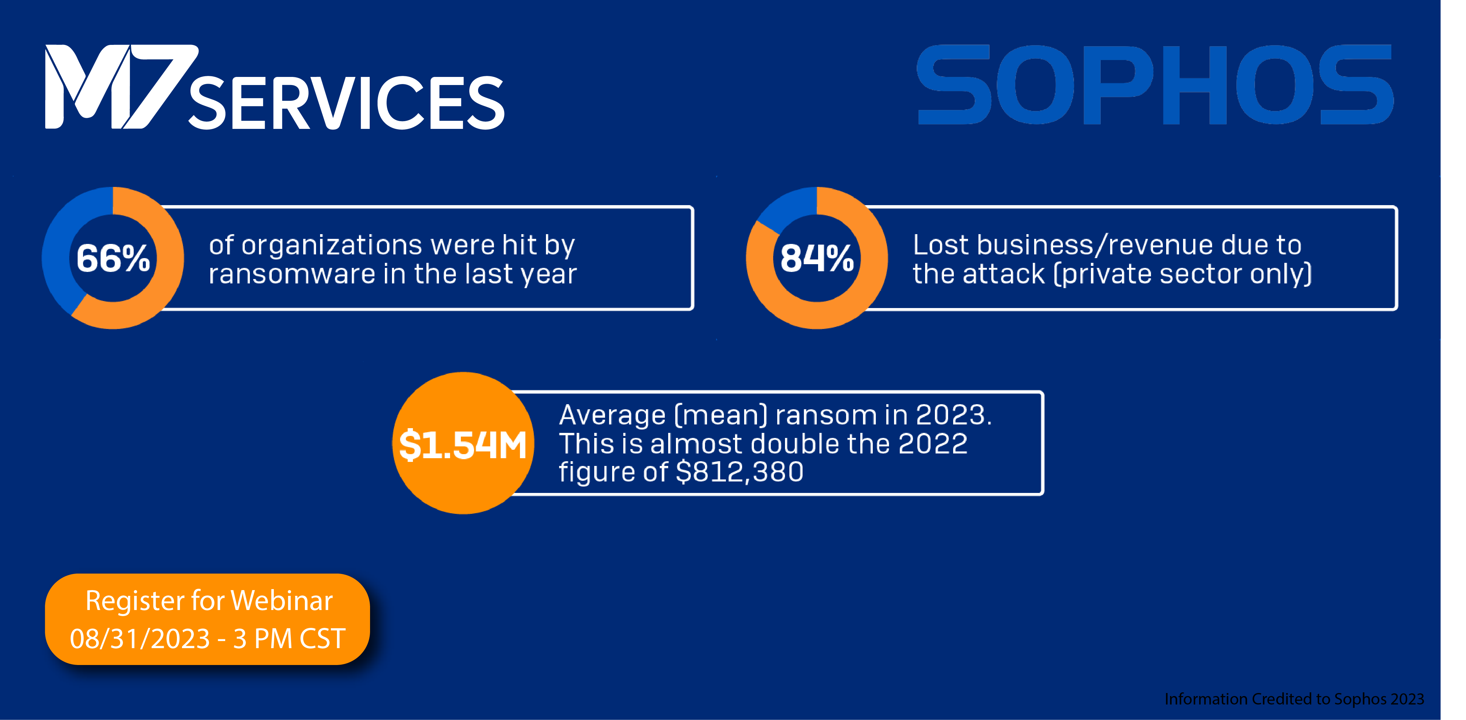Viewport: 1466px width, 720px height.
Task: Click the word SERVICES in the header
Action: click(346, 104)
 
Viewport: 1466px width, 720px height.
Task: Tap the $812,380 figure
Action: click(739, 472)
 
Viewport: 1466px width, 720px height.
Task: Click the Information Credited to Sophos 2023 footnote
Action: click(1293, 699)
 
